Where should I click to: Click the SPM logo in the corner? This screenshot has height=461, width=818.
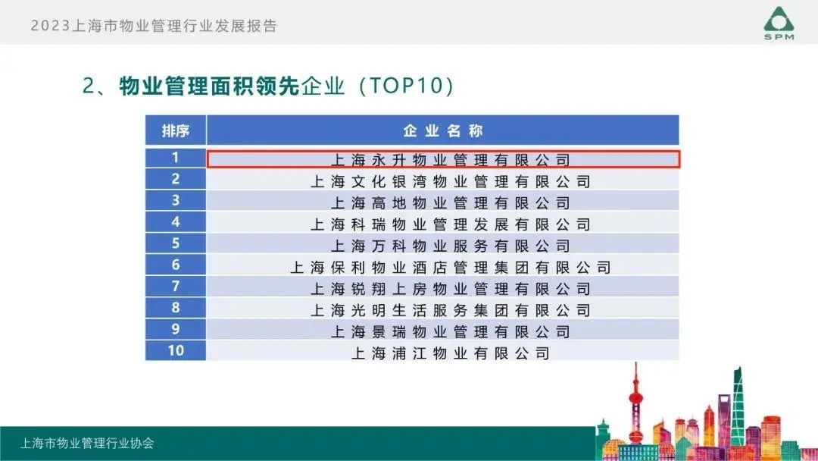pos(779,24)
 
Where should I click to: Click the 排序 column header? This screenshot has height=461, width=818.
pos(175,130)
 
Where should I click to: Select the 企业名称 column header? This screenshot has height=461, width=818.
pos(443,130)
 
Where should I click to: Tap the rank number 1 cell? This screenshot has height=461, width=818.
pos(175,158)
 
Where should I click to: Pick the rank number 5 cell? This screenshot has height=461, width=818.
pos(175,243)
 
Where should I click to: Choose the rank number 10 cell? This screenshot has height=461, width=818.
pos(175,350)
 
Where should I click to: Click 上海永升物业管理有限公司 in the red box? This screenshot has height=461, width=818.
pos(450,160)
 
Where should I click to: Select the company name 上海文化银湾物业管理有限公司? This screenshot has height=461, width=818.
pos(450,182)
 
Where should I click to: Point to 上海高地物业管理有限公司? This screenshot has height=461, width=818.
pos(450,203)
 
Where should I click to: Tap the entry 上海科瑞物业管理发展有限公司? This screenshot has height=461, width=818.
pos(450,224)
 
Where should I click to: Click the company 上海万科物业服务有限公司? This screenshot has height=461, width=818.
pos(450,246)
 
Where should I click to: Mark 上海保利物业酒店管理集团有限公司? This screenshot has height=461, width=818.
pos(450,268)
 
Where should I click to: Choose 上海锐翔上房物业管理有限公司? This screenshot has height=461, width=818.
pos(450,289)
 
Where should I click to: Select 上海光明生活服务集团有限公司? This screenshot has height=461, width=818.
pos(450,310)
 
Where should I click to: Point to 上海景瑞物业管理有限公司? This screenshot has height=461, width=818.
pos(450,331)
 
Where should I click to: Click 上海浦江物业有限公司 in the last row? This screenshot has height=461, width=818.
pos(450,353)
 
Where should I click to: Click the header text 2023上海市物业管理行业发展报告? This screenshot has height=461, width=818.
pos(154,26)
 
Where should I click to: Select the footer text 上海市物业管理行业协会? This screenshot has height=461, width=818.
pos(87,444)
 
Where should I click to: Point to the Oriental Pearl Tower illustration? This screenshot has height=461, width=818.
pos(635,405)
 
